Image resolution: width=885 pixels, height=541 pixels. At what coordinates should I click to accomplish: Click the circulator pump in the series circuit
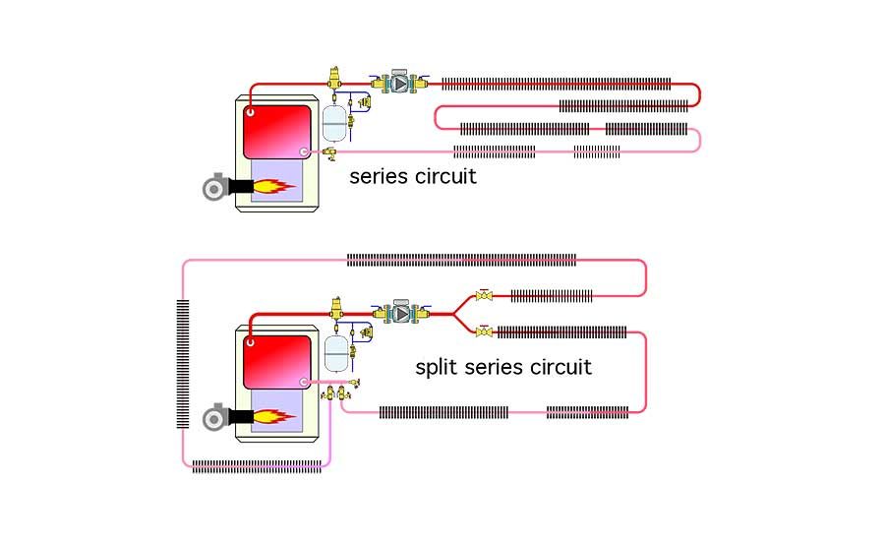(x=400, y=84)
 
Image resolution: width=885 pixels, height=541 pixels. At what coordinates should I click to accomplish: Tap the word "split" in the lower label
(x=435, y=368)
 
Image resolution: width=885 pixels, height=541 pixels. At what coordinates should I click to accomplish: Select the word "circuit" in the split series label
(x=561, y=368)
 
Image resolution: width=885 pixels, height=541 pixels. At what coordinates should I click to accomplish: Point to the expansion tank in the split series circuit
(x=338, y=350)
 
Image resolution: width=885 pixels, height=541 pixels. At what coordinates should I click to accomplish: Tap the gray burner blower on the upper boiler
(x=213, y=187)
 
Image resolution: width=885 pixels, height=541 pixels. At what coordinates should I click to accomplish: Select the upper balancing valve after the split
(x=484, y=294)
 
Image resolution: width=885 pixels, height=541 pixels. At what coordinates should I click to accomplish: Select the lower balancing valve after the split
(x=484, y=332)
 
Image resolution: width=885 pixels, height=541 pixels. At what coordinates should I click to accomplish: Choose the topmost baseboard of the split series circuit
(x=461, y=261)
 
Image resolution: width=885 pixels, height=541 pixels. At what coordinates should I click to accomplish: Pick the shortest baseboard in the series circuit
(x=597, y=151)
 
